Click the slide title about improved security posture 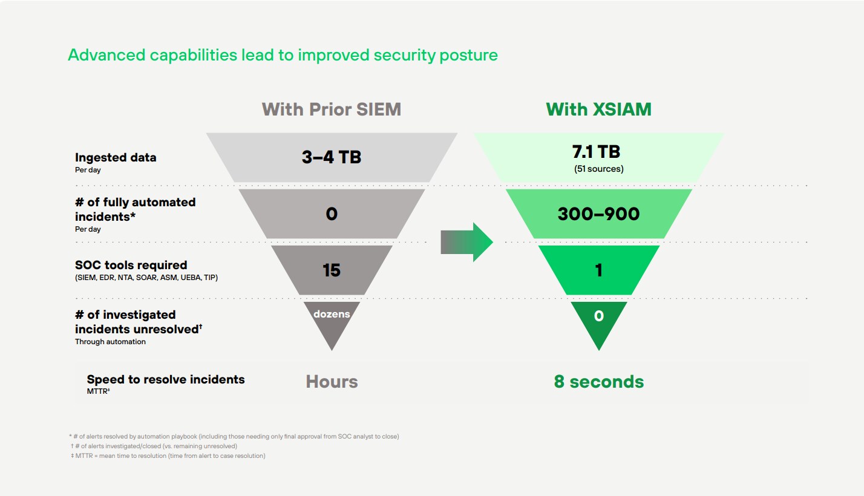coord(283,55)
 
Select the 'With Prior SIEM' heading coord(332,109)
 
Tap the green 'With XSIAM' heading coord(598,109)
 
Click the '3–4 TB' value coord(332,157)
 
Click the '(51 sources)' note coord(598,169)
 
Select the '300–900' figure coord(598,214)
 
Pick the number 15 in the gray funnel coord(332,270)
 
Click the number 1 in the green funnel coord(598,270)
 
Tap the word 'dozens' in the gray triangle coord(332,314)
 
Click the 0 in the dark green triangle coord(598,316)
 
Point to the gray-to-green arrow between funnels coord(466,242)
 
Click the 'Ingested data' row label coord(116,157)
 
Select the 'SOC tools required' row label coord(131,265)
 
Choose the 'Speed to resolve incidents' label coord(166,379)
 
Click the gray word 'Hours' coord(332,382)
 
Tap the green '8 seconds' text coord(598,382)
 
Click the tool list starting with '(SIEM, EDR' coord(146,278)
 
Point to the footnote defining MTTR coord(168,455)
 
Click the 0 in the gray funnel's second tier coord(332,214)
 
